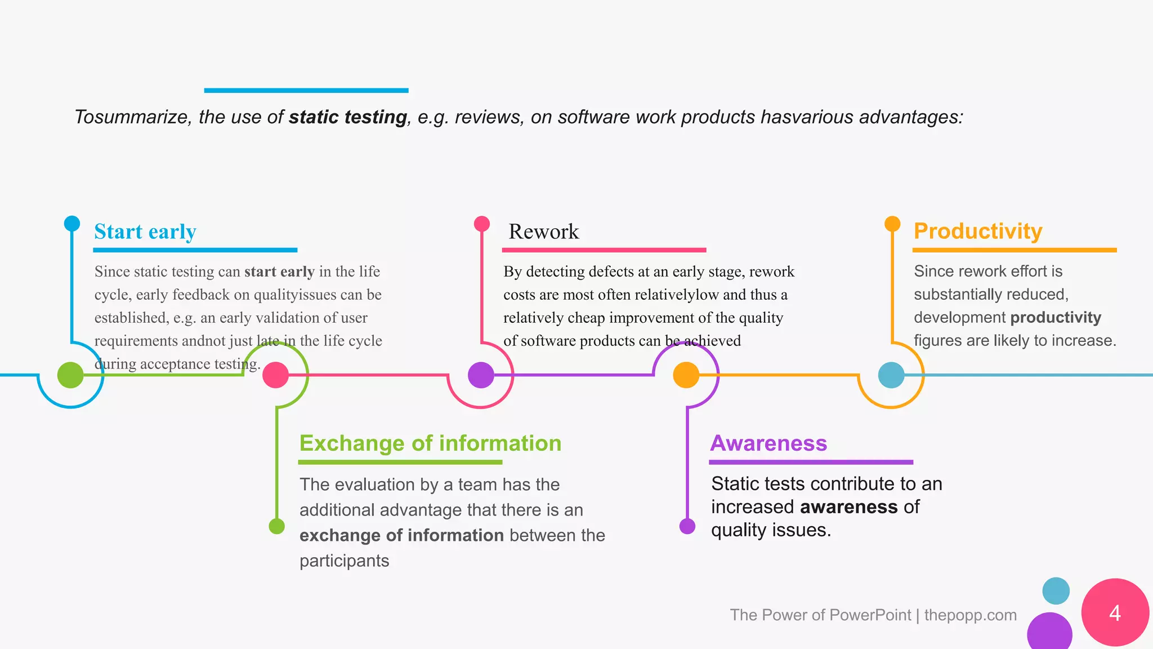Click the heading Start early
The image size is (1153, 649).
(x=145, y=232)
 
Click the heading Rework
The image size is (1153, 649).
(x=543, y=232)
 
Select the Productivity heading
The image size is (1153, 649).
(x=978, y=231)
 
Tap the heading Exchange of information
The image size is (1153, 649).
(x=430, y=443)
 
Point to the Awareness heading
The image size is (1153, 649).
(x=768, y=443)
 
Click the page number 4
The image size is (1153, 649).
(x=1115, y=613)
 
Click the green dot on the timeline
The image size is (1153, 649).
(x=70, y=375)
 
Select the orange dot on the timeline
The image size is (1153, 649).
(x=686, y=375)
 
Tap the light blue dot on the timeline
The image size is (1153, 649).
(x=891, y=375)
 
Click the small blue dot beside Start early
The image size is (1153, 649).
(x=72, y=224)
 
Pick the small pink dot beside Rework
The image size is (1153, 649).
(x=482, y=224)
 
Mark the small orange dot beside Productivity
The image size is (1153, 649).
(x=892, y=224)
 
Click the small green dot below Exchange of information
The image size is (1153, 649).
(x=276, y=526)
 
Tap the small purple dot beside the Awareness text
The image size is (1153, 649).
(x=687, y=526)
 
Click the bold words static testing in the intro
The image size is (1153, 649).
(x=347, y=117)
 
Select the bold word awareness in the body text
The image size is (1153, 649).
(x=848, y=507)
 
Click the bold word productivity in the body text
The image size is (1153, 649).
(x=1056, y=318)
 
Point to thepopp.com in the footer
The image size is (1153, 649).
(x=970, y=615)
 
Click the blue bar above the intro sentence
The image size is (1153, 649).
(x=306, y=90)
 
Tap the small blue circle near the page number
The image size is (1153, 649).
(x=1056, y=591)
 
